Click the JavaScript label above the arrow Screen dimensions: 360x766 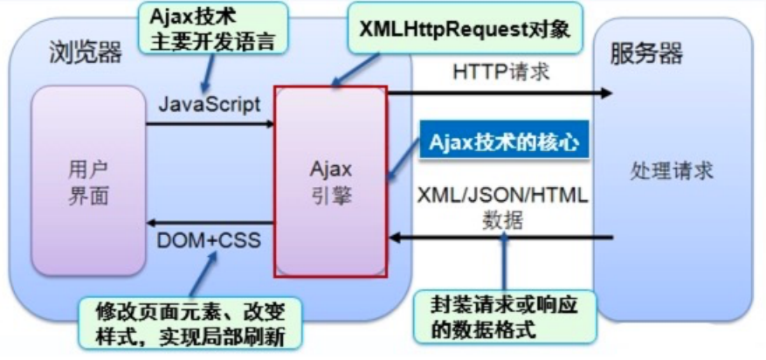coord(210,104)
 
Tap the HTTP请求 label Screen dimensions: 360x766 coord(500,73)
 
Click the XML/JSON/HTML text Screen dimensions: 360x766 coord(503,194)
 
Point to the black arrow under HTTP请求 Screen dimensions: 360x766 coord(498,92)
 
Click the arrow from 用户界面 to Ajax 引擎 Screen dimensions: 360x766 coord(210,123)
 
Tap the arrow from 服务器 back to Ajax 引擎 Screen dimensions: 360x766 coord(502,238)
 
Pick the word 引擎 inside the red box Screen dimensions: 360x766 coord(331,197)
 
